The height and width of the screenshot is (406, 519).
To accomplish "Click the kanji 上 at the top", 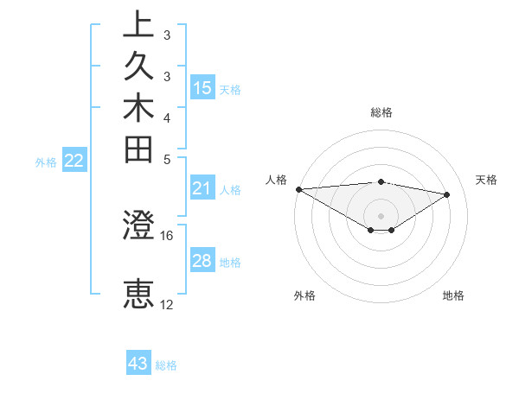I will click(x=139, y=25).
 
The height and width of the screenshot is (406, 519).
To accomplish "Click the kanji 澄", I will click(x=139, y=226).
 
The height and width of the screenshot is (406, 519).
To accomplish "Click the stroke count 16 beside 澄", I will click(x=167, y=235).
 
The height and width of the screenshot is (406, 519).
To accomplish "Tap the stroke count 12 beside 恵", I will click(x=167, y=304).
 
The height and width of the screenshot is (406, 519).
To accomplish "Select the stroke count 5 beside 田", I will click(x=167, y=159).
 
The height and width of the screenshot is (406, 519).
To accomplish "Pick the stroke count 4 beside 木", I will click(x=167, y=117).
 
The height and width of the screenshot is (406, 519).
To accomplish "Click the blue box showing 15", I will click(x=202, y=87).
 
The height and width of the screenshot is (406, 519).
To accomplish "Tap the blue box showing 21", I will click(x=202, y=188).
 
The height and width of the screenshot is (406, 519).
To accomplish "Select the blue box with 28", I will click(x=202, y=261).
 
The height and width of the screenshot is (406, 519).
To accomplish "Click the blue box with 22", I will click(x=74, y=160).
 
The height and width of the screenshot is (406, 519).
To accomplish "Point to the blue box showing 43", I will click(x=138, y=364).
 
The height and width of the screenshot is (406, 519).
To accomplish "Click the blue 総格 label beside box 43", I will click(x=167, y=365).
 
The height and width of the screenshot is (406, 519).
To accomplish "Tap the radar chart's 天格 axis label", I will click(x=486, y=180).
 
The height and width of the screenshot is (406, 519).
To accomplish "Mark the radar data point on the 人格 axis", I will click(x=298, y=188).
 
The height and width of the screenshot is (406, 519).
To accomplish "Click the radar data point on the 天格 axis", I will click(x=447, y=194).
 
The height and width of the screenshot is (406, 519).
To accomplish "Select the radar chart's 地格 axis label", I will click(x=453, y=295).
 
